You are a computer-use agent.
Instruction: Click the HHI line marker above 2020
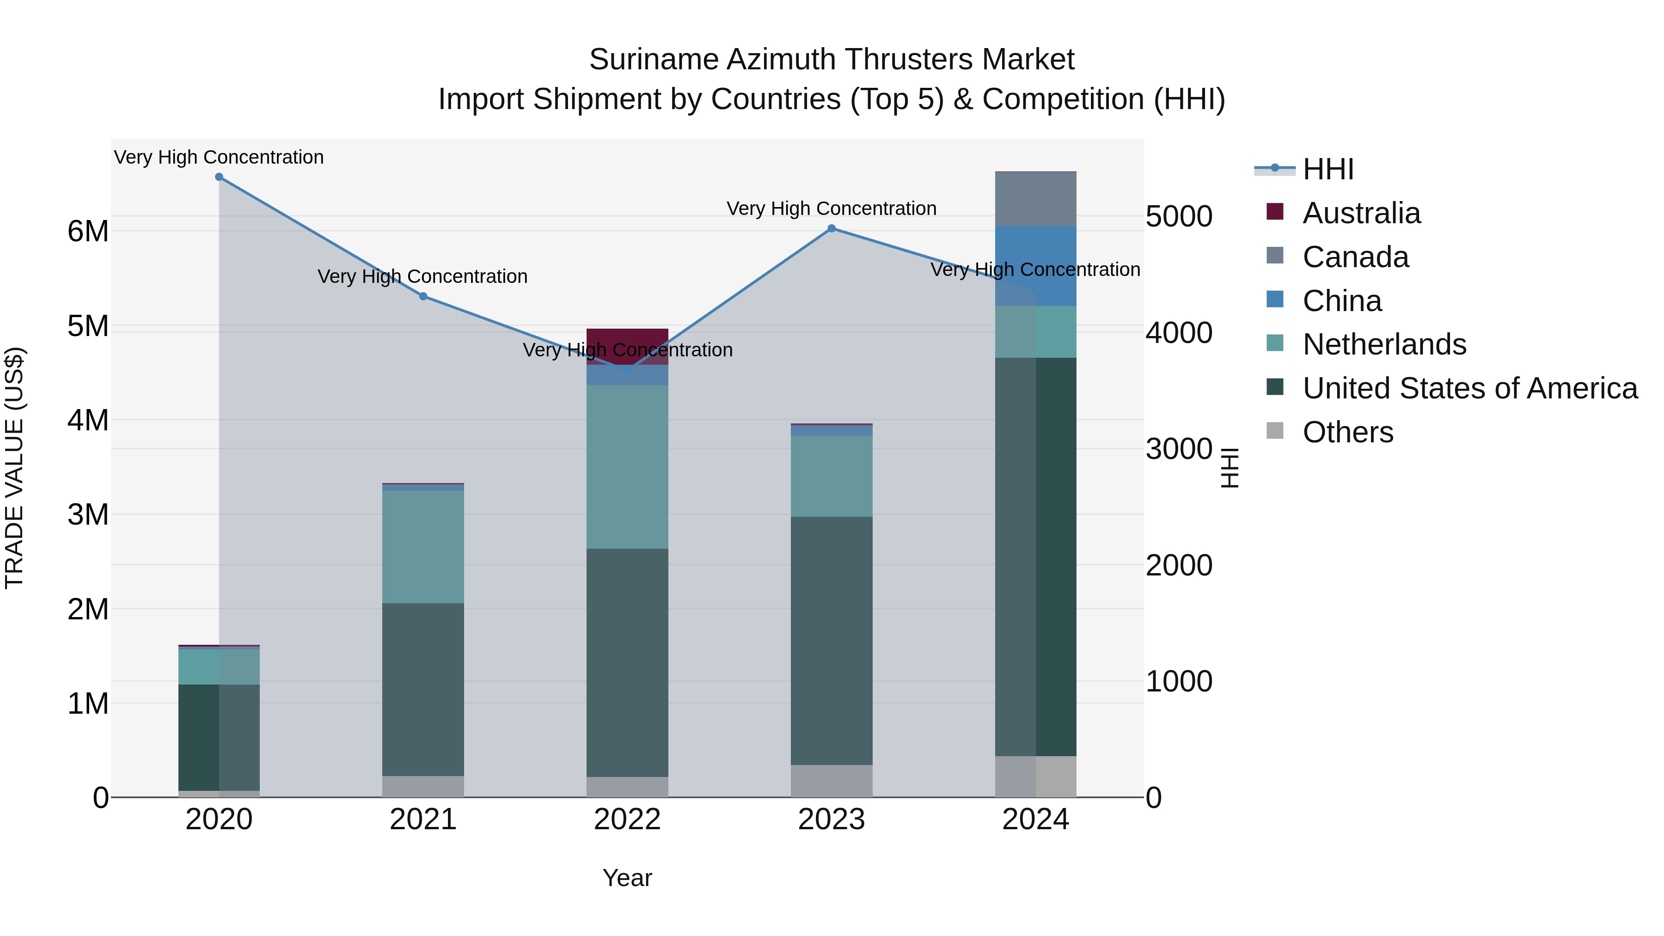point(219,177)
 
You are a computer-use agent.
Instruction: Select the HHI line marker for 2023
point(832,229)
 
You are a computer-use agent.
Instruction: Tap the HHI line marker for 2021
point(423,296)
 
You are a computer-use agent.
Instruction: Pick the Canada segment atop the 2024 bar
point(1035,199)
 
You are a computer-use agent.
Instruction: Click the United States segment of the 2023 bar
point(832,640)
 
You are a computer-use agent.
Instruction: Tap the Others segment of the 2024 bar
point(1035,777)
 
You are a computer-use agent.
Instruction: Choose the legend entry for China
point(1342,301)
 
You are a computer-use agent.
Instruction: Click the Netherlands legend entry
point(1383,344)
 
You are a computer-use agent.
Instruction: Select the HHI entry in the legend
point(1328,169)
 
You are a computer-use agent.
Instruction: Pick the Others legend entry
point(1347,432)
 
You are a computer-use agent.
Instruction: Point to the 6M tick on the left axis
point(88,231)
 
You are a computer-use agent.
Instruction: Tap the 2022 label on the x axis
point(627,820)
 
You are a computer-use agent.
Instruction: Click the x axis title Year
point(627,878)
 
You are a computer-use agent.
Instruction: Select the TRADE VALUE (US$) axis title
point(14,468)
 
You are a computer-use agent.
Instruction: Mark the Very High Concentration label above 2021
point(422,276)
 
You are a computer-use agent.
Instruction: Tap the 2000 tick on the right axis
point(1179,565)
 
